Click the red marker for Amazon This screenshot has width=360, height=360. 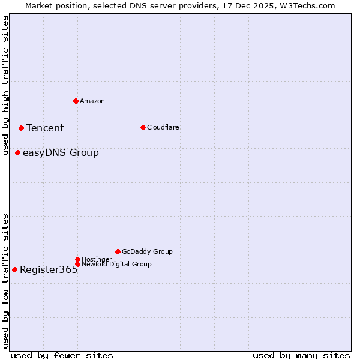(x=76, y=101)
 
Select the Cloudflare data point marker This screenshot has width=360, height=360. (x=143, y=127)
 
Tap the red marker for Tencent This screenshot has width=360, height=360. (x=21, y=128)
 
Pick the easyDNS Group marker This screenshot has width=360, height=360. (x=17, y=152)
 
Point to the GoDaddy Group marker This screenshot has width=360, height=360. (x=118, y=251)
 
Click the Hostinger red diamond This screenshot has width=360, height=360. (x=77, y=259)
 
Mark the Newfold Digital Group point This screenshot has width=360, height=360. (x=77, y=264)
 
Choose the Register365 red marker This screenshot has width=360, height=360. (x=14, y=269)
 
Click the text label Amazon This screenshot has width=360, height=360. (x=92, y=101)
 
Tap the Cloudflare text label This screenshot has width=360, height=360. (x=163, y=127)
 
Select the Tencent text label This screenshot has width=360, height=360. (x=45, y=128)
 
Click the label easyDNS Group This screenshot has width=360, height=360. (x=61, y=152)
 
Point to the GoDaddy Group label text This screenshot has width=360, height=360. (x=147, y=251)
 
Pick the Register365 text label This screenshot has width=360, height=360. (x=49, y=269)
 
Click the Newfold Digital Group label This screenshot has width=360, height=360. (x=116, y=264)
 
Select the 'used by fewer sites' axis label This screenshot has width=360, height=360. (x=62, y=355)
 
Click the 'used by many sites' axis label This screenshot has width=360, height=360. (x=301, y=355)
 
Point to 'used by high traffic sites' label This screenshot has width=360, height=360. (x=5, y=86)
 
